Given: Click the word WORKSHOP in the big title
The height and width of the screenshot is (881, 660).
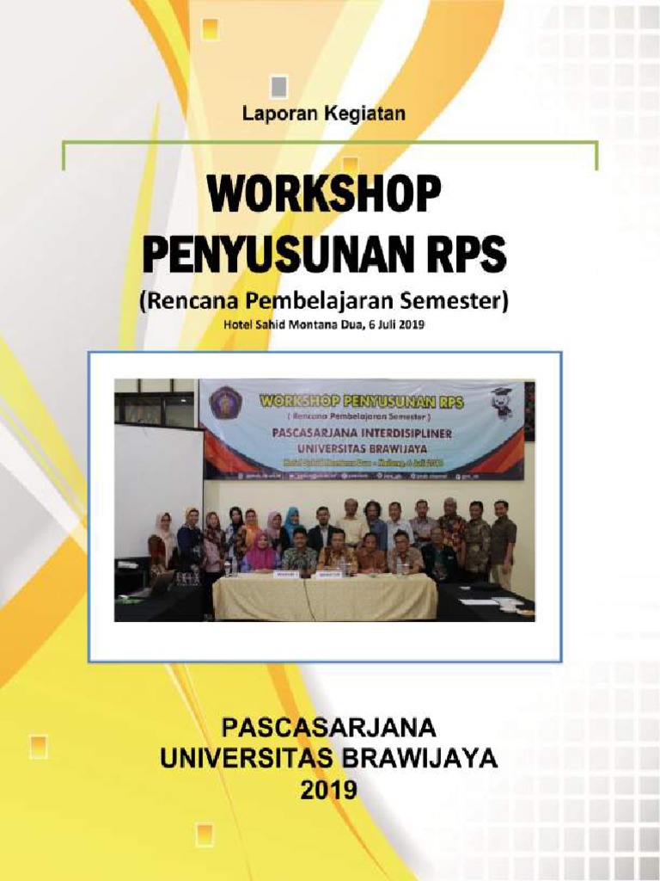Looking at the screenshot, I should click(x=323, y=195).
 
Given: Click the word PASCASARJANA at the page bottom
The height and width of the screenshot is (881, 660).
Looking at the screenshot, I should click(x=329, y=728).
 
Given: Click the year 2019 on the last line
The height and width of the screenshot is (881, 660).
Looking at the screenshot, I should click(x=329, y=788).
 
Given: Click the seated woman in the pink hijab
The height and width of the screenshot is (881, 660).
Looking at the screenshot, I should click(x=261, y=553).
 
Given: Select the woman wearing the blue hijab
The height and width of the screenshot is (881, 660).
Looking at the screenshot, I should click(x=291, y=523).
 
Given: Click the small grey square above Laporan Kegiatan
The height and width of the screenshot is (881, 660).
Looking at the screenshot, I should click(x=279, y=86).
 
